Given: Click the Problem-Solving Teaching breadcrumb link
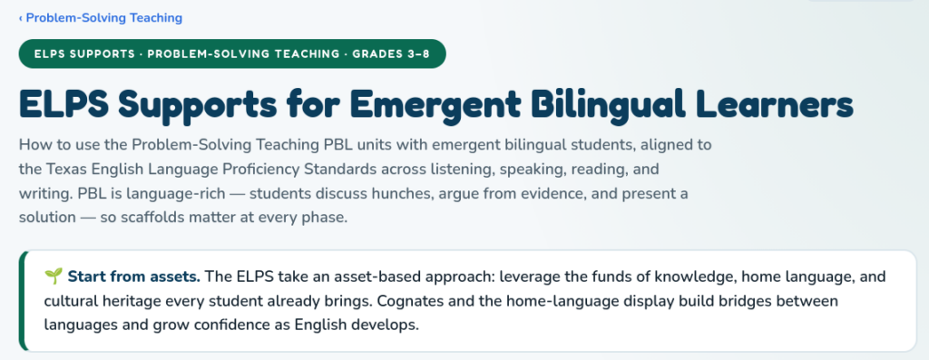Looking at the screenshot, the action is pyautogui.click(x=101, y=18).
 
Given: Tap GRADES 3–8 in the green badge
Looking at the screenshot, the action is pyautogui.click(x=391, y=54).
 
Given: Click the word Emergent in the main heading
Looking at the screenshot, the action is pyautogui.click(x=435, y=103).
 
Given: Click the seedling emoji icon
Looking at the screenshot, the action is pyautogui.click(x=54, y=277).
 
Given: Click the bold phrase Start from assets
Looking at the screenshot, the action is pyautogui.click(x=134, y=277).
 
